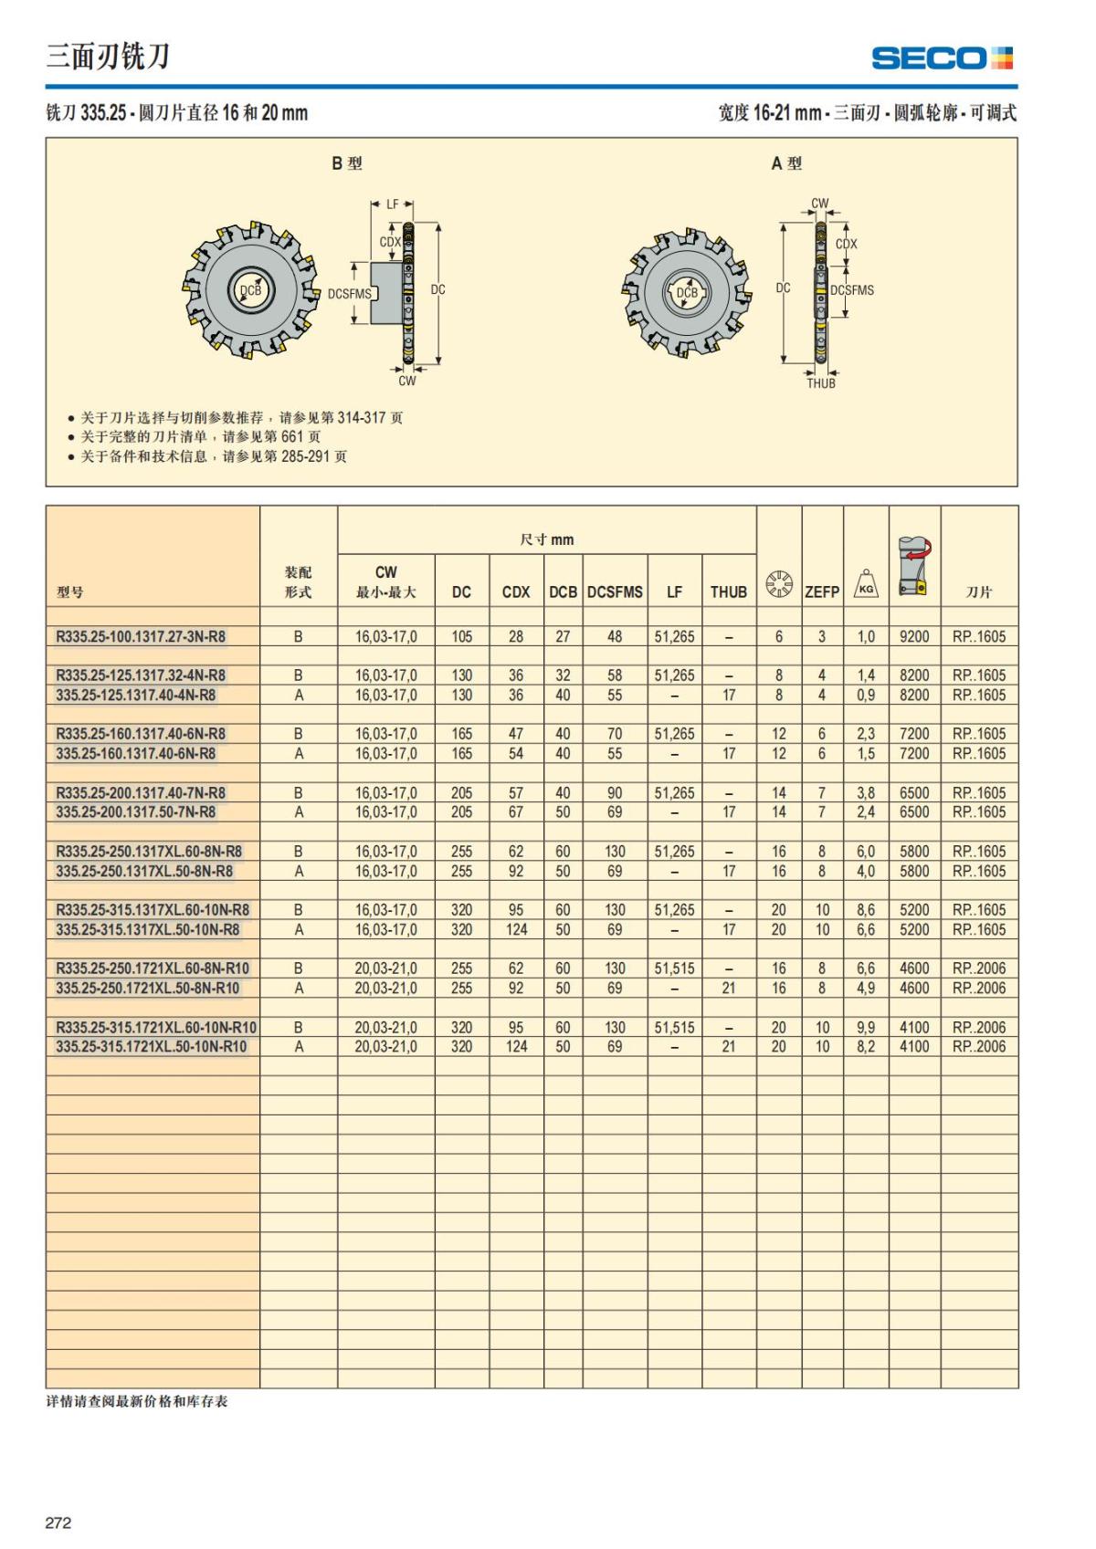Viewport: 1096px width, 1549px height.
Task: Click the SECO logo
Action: [x=942, y=58]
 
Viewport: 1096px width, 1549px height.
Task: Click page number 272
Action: [x=58, y=1523]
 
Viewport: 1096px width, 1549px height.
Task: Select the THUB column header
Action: [x=728, y=591]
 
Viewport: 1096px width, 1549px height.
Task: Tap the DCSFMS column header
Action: [x=615, y=591]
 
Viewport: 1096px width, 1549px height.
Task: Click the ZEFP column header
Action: [x=821, y=591]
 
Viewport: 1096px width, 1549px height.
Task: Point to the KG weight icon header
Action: [x=865, y=584]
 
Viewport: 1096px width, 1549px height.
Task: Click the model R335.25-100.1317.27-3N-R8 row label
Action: [x=141, y=636]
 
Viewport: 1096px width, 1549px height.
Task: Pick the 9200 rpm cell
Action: [x=913, y=636]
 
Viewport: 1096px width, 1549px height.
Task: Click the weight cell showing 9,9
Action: [x=865, y=1028]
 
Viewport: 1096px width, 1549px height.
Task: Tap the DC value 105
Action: [x=461, y=636]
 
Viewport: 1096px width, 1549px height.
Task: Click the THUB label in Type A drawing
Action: [x=820, y=383]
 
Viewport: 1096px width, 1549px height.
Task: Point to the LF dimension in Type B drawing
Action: [x=393, y=204]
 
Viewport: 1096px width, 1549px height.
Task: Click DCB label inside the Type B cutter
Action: [x=249, y=290]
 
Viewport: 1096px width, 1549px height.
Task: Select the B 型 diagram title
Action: [x=346, y=163]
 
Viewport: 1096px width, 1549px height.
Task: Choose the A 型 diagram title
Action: [x=785, y=163]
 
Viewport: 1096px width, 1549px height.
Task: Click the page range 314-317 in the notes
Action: [x=362, y=417]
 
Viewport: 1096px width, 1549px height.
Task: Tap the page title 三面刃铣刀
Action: [x=108, y=57]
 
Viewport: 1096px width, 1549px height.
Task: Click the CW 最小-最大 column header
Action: [x=385, y=581]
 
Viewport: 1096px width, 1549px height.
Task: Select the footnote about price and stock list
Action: [x=137, y=1401]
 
